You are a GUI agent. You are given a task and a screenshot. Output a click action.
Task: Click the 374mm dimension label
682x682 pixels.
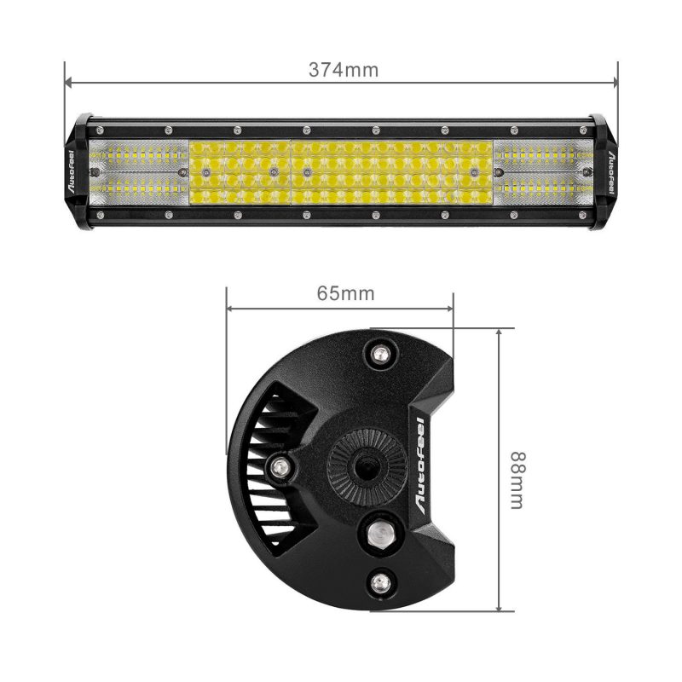click(x=344, y=70)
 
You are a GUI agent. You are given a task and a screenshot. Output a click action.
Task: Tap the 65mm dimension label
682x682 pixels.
click(x=345, y=293)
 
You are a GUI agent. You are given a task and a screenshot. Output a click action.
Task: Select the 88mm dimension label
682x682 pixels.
click(x=518, y=480)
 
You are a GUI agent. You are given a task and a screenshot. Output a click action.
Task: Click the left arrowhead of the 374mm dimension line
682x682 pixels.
click(x=69, y=81)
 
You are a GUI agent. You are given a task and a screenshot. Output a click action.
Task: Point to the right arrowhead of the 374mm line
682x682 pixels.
click(x=614, y=82)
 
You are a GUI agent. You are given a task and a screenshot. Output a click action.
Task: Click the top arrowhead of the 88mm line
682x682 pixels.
click(x=499, y=332)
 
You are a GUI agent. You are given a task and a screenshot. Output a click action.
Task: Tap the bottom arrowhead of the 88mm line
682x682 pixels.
click(x=499, y=607)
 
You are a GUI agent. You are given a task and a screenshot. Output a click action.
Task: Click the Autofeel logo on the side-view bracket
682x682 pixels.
click(x=421, y=465)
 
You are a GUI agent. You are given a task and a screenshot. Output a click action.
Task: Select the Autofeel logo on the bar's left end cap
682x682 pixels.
click(x=72, y=171)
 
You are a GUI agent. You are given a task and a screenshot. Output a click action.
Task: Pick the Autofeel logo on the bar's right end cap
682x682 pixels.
click(x=610, y=172)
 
